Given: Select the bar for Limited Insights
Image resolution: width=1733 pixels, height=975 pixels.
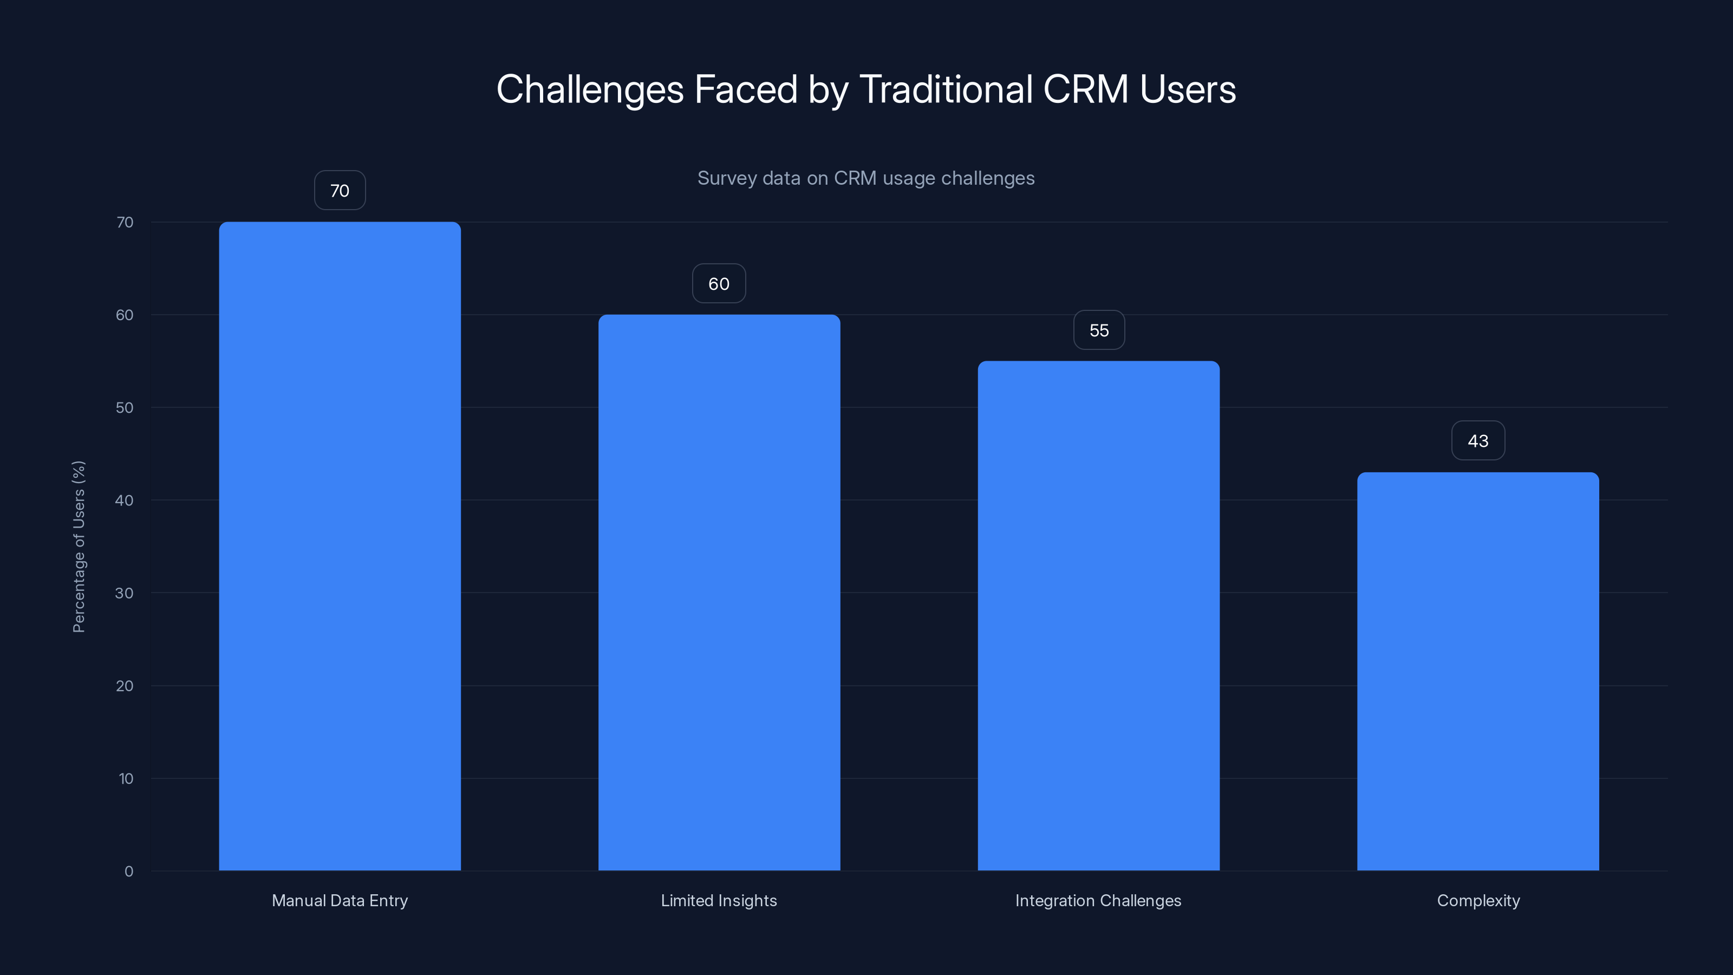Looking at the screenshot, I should coord(719,592).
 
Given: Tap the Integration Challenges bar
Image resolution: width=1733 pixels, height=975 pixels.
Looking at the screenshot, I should coord(1099,616).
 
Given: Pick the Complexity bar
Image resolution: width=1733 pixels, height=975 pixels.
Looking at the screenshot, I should coord(1478,671).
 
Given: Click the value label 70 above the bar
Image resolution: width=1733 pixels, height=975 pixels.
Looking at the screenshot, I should coord(340,191).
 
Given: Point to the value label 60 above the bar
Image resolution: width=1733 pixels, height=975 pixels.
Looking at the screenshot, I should coord(719,284).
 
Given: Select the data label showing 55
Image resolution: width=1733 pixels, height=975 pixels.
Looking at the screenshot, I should coord(1099,330).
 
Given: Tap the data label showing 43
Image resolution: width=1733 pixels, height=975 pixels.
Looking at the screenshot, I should coord(1478,441).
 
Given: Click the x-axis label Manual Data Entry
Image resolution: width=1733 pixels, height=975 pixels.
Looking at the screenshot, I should coord(340,900).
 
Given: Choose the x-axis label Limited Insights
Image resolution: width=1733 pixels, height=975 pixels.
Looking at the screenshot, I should coord(719,900).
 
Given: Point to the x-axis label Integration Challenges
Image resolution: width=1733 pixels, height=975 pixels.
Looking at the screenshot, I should coord(1098,900).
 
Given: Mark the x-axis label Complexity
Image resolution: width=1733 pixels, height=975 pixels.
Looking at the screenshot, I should coord(1478,900).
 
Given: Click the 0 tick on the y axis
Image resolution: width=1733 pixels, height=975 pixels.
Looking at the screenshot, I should coord(128,872).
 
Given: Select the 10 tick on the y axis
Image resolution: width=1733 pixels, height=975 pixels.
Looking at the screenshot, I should coord(126,778).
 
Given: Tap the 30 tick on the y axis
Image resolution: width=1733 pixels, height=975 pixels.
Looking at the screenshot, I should coord(125,593).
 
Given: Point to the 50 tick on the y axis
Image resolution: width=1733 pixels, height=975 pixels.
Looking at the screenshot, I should coord(125,407).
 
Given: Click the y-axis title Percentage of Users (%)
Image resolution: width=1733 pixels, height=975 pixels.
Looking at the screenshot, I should coord(79,547).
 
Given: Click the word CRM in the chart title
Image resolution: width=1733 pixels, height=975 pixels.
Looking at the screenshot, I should coord(1085,89).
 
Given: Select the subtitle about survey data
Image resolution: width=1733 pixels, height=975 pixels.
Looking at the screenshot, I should coord(866,178).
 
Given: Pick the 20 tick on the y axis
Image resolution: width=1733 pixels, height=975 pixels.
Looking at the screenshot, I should coord(125,686).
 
